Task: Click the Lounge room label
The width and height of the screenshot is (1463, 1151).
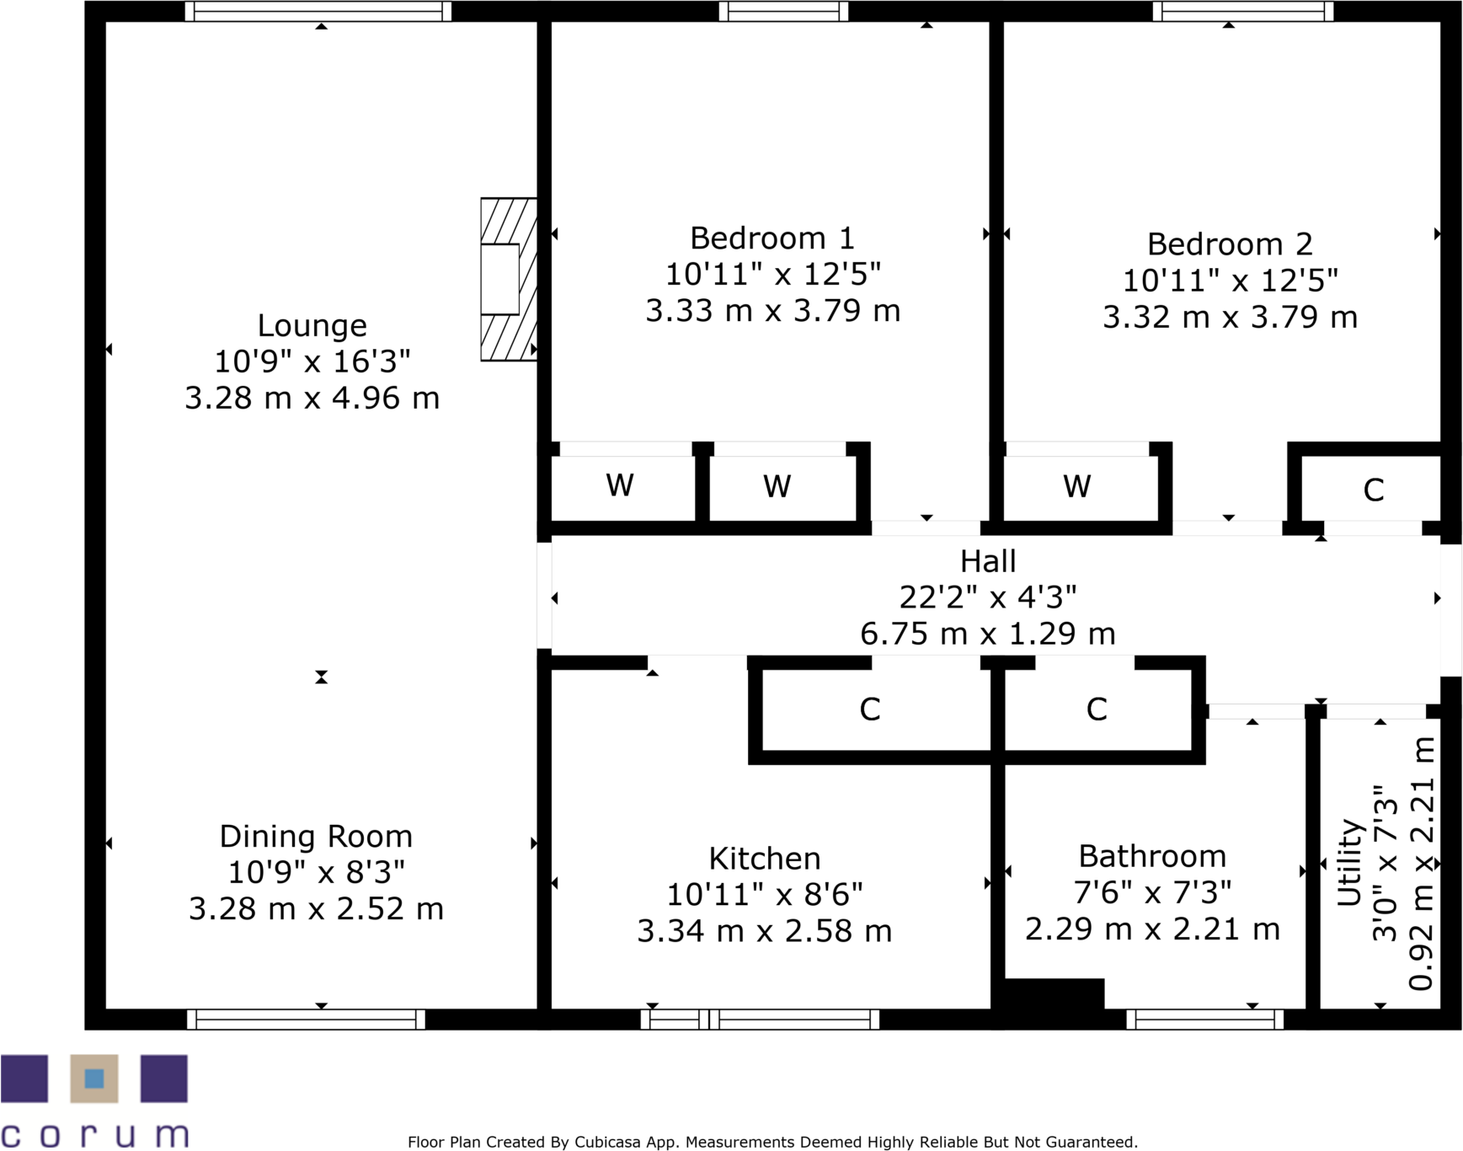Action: coord(312,325)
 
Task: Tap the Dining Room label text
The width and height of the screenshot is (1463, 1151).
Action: coord(316,837)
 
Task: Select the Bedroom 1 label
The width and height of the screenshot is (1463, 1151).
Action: coord(772,238)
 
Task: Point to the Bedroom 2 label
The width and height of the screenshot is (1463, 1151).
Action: coord(1230,244)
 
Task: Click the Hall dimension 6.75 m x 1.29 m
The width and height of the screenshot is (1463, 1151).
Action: coord(987,634)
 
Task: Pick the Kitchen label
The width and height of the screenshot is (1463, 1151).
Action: coord(764,859)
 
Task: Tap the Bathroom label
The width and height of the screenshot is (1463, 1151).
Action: coord(1152,856)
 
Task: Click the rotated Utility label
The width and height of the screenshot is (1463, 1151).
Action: coord(1350,862)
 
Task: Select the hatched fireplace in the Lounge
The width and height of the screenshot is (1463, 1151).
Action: coord(508,280)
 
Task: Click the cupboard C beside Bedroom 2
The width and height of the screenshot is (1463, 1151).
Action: coord(1373,490)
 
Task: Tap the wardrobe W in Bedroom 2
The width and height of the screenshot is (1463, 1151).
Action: coord(1077,486)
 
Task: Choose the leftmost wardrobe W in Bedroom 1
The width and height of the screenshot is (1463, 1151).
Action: coord(620,485)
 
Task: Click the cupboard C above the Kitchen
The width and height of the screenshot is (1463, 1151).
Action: coord(870,709)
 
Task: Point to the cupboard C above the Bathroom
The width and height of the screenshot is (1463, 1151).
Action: coord(1096,709)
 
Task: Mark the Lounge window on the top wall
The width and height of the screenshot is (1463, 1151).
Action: coord(318,11)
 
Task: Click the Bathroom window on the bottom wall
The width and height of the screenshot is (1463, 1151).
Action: coord(1204,1020)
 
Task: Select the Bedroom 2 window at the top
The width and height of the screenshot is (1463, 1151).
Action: coord(1242,11)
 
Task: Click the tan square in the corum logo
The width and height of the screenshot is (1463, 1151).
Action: coord(93,1079)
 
